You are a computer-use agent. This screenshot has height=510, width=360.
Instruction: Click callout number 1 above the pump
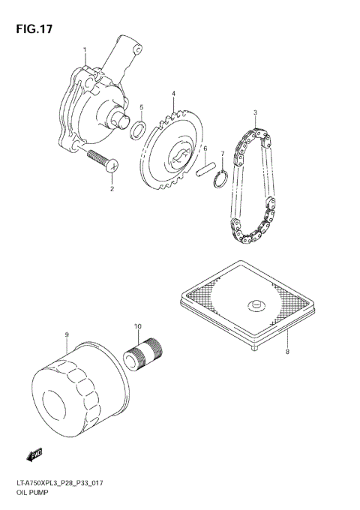point(85,50)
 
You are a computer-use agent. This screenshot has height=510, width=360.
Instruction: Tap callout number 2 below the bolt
point(112,189)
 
